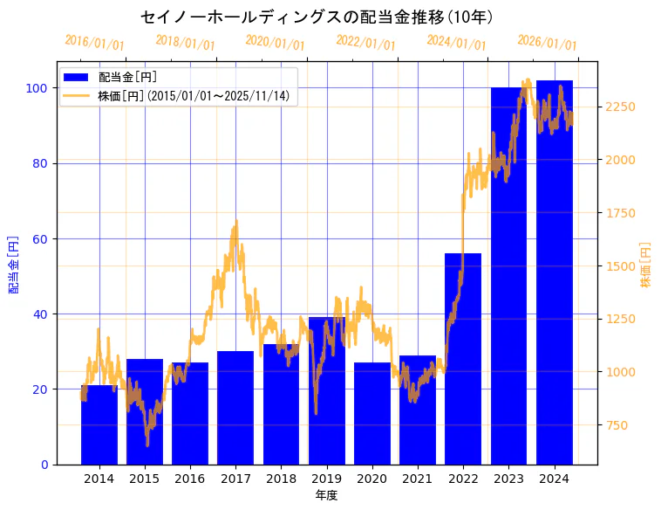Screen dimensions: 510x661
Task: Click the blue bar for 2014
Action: (x=99, y=425)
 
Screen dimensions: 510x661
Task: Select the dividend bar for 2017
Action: (x=235, y=408)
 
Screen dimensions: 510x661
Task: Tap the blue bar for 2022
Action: (x=463, y=359)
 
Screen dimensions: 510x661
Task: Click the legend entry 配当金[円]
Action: (x=127, y=78)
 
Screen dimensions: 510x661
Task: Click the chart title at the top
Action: (x=317, y=17)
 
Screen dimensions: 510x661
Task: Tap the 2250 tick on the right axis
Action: (x=621, y=107)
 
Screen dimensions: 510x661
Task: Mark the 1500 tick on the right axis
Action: (x=621, y=266)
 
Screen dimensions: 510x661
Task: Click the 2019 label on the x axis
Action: (x=327, y=479)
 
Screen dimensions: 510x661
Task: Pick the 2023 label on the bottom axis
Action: (x=509, y=479)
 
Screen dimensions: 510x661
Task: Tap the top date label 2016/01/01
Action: (x=95, y=43)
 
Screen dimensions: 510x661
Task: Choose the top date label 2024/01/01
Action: (x=457, y=43)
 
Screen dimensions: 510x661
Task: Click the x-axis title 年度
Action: (x=326, y=495)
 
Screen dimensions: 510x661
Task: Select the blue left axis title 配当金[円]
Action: (x=13, y=264)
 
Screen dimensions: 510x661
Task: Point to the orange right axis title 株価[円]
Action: (x=646, y=264)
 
